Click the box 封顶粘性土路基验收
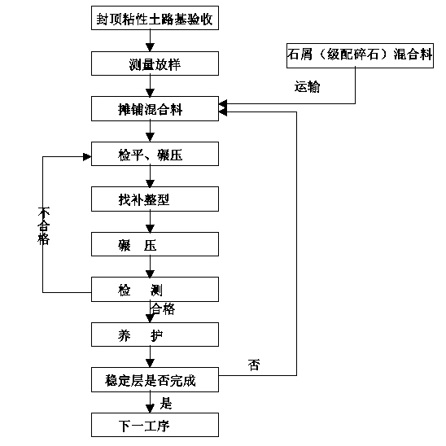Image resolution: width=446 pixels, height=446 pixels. click(x=155, y=18)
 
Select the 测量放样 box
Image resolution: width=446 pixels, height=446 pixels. click(x=155, y=63)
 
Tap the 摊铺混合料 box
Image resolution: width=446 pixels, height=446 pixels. click(x=155, y=109)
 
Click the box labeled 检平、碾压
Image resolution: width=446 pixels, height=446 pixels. click(x=155, y=154)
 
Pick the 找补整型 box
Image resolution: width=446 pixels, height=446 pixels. click(x=155, y=199)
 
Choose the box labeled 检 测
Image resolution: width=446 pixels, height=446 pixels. click(x=155, y=289)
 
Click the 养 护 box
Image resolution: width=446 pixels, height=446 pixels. click(x=155, y=334)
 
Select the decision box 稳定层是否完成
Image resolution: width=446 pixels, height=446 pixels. click(x=155, y=380)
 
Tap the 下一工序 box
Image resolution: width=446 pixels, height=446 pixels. click(x=155, y=425)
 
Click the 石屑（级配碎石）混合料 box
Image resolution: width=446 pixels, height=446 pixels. click(x=360, y=55)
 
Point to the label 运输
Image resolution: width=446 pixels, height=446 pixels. click(x=307, y=86)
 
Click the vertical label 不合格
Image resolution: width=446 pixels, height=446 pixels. click(x=43, y=225)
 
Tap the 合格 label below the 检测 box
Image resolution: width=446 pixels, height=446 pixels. click(x=163, y=309)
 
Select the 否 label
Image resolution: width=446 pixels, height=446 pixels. click(x=254, y=365)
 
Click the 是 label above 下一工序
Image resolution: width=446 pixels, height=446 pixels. click(x=166, y=404)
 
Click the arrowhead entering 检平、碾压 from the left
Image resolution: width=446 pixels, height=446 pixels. click(x=87, y=157)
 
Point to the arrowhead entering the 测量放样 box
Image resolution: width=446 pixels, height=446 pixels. click(x=150, y=47)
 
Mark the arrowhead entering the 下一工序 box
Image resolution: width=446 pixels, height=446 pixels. click(x=150, y=409)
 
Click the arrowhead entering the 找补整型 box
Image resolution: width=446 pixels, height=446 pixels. click(x=150, y=183)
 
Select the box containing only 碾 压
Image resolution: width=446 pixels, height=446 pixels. click(x=155, y=244)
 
